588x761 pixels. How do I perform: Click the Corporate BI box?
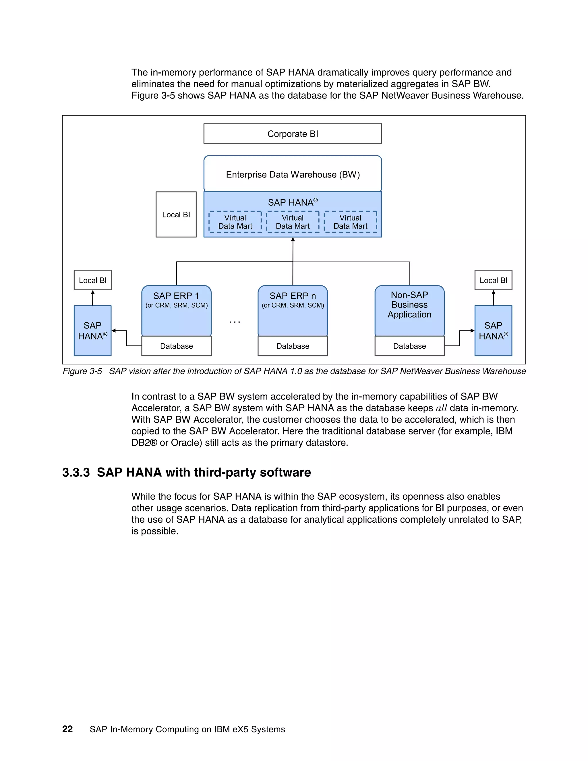coord(293,134)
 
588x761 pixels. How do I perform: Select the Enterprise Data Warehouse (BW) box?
coord(293,174)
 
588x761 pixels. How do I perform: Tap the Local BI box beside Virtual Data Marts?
coord(176,215)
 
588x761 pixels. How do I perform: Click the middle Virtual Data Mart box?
coord(293,222)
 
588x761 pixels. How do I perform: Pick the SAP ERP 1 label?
coord(176,296)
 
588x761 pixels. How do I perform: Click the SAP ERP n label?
coord(293,296)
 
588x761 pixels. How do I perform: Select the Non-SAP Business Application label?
coord(409,305)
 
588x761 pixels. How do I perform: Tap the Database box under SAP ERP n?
coord(293,346)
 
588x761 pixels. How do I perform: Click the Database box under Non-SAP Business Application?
coord(409,346)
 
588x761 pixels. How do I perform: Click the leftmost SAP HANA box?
coord(93,331)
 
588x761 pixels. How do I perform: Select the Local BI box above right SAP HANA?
coord(493,280)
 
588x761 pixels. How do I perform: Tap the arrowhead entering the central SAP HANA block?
coord(293,240)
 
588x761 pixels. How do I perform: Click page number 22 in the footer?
coord(67,729)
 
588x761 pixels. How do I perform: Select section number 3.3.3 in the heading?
coord(76,472)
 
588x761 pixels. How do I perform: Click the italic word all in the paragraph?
coord(441,408)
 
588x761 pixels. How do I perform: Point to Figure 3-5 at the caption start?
coord(82,371)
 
